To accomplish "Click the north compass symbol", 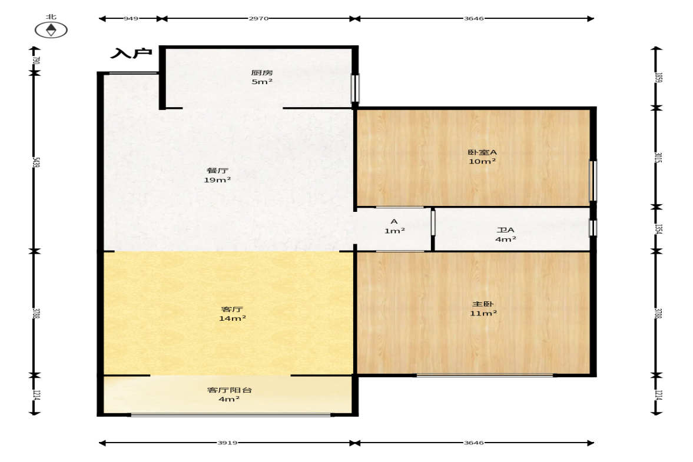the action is point(51,30).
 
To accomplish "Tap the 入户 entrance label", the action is point(131,54).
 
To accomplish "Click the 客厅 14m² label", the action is point(233,314).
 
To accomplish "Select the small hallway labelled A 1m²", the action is point(394,226).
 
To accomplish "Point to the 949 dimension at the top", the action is point(131,19).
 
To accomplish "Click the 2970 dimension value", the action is point(258,19).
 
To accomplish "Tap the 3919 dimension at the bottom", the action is point(227,443).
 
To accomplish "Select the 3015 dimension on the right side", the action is point(658,157).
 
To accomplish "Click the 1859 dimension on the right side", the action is point(658,78).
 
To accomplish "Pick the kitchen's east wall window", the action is point(355,88).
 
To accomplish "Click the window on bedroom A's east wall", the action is point(593,180).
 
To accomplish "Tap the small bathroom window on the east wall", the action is point(593,228).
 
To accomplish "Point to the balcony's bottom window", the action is point(231,414).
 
